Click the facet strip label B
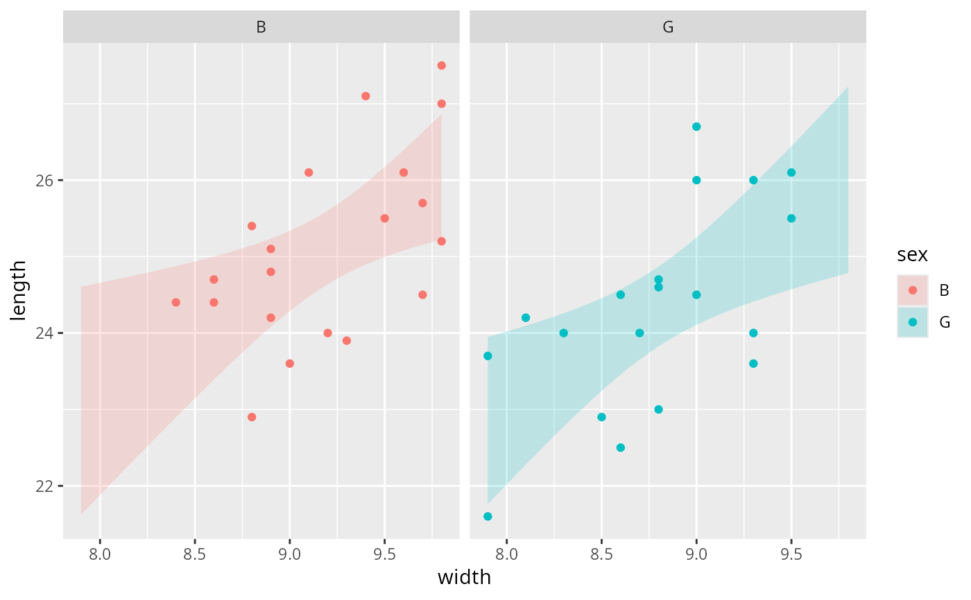[x=261, y=28]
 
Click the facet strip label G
[x=668, y=28]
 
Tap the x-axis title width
[x=464, y=578]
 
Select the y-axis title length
[x=19, y=290]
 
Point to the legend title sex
[x=912, y=255]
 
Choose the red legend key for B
[x=913, y=290]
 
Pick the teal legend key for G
[x=913, y=322]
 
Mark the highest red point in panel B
[x=441, y=66]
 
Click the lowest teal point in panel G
[x=488, y=516]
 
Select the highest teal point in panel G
[x=696, y=127]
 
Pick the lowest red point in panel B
[x=252, y=417]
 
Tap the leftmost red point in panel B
[x=175, y=302]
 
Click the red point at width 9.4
[x=366, y=96]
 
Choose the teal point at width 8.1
[x=526, y=317]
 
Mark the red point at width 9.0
[x=290, y=364]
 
